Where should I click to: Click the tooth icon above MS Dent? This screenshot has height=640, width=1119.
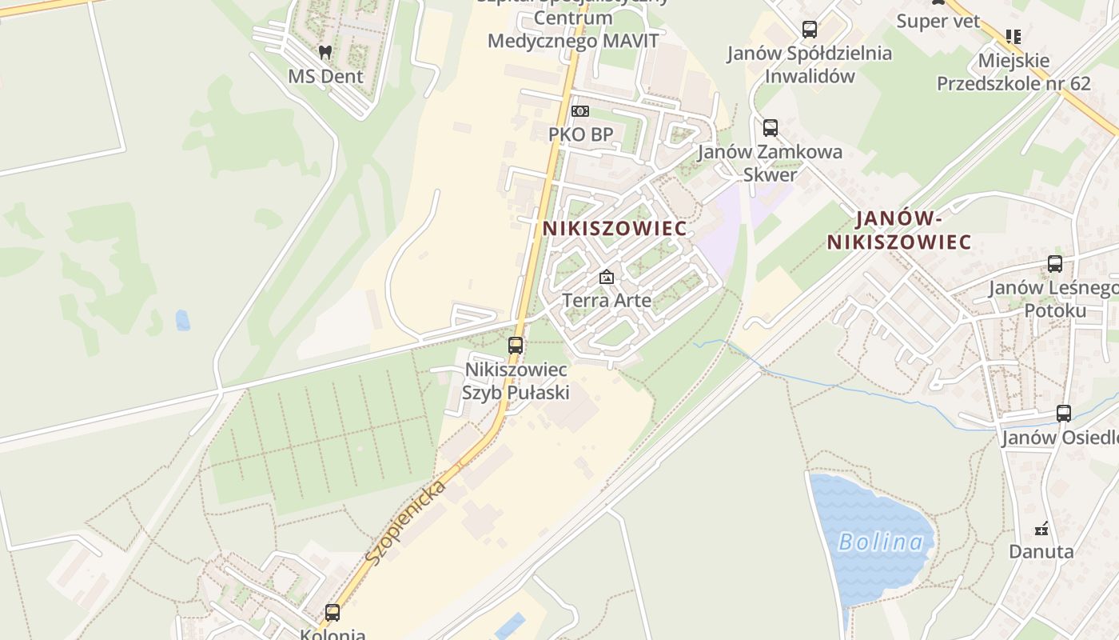(x=325, y=53)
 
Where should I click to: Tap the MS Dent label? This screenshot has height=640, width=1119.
(x=325, y=77)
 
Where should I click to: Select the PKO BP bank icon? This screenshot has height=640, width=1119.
(x=580, y=111)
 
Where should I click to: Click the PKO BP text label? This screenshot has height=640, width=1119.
(x=580, y=134)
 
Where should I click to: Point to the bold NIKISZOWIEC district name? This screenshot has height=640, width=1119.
(x=615, y=228)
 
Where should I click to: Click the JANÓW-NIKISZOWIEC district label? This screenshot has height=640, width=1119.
(x=899, y=230)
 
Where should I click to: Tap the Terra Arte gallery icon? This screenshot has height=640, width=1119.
(x=607, y=278)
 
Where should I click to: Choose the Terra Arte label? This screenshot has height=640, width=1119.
(x=607, y=301)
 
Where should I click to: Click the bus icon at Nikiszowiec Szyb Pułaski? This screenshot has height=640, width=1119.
(x=516, y=346)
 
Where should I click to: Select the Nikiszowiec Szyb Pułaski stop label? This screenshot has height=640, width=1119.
(x=516, y=381)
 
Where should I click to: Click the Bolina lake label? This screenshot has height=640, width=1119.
(x=881, y=542)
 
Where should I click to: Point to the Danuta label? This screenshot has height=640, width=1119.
(x=1041, y=551)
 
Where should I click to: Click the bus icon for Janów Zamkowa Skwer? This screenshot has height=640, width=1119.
(x=771, y=128)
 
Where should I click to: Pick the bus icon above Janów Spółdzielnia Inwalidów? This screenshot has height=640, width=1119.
(x=810, y=30)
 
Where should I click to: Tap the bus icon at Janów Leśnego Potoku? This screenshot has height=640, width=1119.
(x=1055, y=264)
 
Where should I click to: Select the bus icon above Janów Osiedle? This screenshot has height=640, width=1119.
(x=1064, y=414)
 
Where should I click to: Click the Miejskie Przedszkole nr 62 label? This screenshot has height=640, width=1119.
(x=1013, y=72)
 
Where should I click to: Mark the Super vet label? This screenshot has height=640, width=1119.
(x=938, y=21)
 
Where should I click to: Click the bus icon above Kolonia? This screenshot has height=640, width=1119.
(x=333, y=613)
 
